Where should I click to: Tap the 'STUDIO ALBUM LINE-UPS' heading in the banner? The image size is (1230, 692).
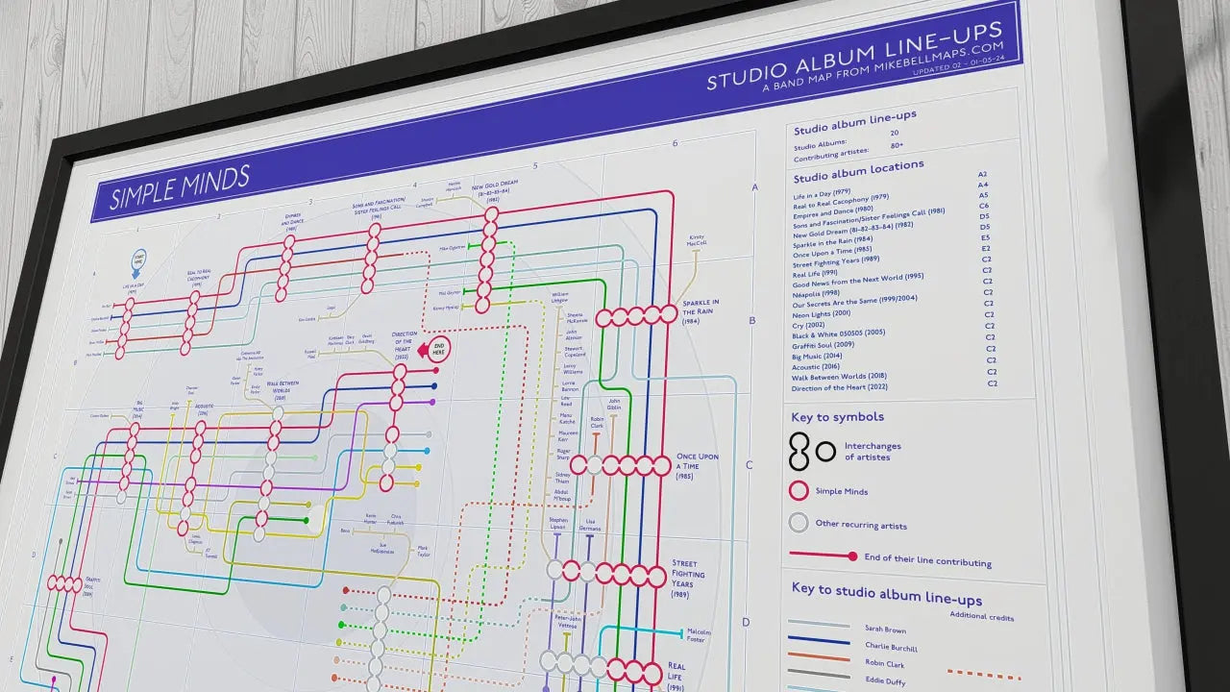tap(861, 56)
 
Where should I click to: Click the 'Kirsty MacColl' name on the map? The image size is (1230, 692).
tap(697, 240)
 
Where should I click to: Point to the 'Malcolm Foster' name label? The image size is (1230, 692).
tap(699, 635)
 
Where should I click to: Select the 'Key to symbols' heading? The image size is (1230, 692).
tap(837, 417)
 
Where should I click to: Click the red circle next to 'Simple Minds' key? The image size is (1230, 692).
tap(798, 491)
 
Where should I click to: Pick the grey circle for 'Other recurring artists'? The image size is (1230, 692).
tap(798, 524)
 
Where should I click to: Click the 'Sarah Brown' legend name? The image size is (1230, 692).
tap(885, 630)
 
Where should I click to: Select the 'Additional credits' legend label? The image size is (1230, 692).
tap(981, 616)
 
